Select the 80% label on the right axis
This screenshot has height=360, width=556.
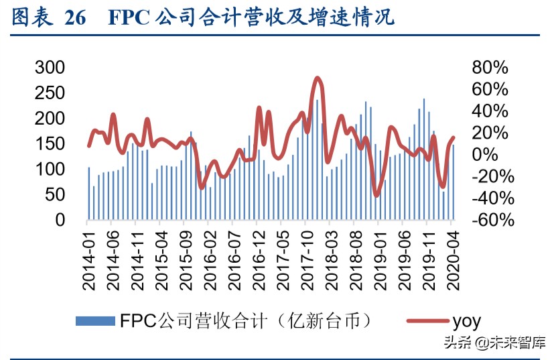(490, 67)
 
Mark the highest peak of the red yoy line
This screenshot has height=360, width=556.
(318, 78)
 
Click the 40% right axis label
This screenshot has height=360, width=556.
(490, 111)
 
